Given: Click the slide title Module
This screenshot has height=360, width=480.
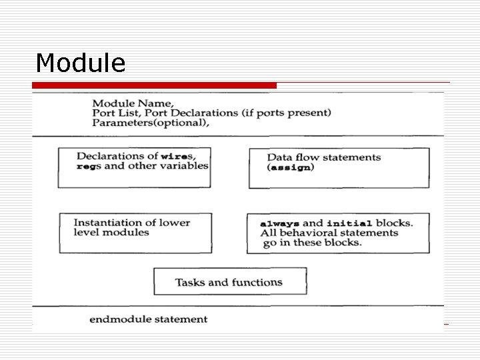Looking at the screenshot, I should (81, 63).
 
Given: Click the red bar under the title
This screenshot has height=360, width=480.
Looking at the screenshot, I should (154, 85).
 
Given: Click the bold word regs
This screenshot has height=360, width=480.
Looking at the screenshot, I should (89, 166).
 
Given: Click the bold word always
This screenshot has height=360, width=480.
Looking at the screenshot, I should (280, 223).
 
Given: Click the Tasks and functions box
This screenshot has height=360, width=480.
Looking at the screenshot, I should (230, 281).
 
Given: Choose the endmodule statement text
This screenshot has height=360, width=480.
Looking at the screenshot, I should (149, 319).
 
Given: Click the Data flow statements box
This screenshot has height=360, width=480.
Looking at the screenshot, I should (339, 168).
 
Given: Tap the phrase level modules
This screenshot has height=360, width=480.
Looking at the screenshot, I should (111, 233).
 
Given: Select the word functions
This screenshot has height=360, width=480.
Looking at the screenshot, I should (257, 282).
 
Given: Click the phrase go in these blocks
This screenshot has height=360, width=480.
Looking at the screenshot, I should (311, 242).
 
